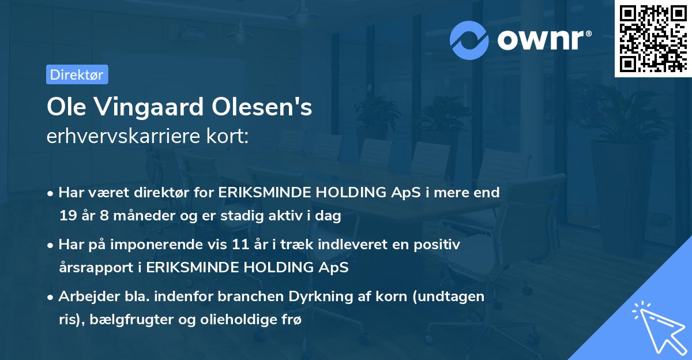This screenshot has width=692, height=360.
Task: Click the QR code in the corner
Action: point(652,39)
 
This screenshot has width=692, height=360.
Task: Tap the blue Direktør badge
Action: point(77,74)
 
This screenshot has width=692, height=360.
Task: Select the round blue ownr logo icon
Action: point(470,39)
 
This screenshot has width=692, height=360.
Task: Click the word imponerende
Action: point(168,245)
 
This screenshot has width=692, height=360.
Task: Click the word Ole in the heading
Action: point(65,108)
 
